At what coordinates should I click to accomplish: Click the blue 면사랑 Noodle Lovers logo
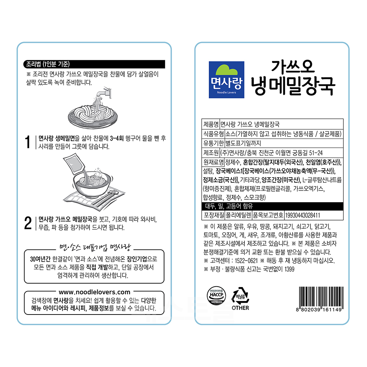226,80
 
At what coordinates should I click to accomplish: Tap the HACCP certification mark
216,296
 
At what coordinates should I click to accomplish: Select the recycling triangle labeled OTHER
240,296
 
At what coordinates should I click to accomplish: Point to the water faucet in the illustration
105,93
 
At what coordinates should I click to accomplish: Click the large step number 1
28,142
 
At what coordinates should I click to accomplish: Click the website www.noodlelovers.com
94,292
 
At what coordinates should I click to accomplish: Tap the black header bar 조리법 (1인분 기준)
94,64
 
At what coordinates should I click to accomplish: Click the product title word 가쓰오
293,66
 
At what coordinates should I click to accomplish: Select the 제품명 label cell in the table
211,124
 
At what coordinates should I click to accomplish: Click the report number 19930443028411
302,215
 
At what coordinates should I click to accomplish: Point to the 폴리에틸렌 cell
238,215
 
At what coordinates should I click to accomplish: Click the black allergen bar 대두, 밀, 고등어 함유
272,206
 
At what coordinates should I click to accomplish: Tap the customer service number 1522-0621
246,261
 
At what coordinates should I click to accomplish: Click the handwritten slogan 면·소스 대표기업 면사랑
95,247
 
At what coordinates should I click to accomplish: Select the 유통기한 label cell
213,143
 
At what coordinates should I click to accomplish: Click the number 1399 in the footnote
289,269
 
